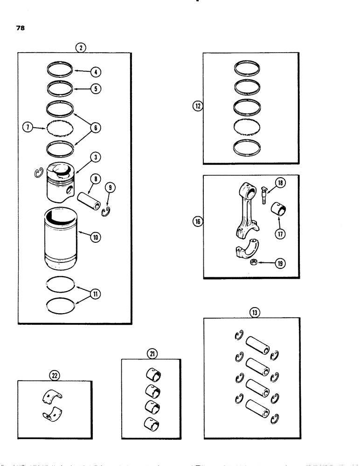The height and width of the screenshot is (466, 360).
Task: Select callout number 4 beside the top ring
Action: pyautogui.click(x=95, y=72)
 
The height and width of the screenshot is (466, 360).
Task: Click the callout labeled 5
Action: pyautogui.click(x=95, y=88)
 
